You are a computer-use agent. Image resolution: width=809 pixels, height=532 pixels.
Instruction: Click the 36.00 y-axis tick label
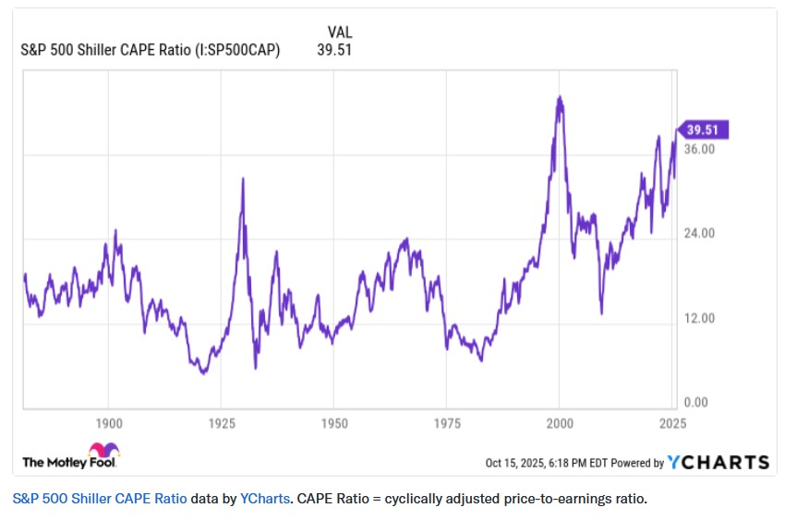[700, 149]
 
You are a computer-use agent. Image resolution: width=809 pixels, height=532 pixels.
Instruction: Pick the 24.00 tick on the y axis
[700, 234]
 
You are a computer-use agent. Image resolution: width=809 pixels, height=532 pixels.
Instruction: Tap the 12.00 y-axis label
[700, 319]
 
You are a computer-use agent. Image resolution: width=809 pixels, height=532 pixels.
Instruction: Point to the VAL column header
[339, 32]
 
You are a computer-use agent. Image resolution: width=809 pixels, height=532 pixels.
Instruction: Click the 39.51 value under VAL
[334, 50]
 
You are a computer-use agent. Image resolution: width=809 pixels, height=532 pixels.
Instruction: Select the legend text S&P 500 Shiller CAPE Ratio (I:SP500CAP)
[151, 50]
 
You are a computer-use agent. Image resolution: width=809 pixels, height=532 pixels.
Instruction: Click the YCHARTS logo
[718, 462]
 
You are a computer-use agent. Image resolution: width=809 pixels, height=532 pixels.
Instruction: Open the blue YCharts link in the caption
[263, 500]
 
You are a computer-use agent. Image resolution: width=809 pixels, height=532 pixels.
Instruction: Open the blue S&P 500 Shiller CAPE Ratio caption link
[100, 500]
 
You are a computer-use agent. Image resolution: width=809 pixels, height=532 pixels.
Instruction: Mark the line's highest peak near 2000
[560, 96]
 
